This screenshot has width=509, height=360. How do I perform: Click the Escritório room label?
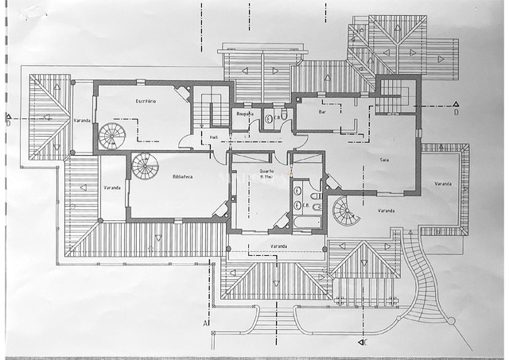pos(145,102)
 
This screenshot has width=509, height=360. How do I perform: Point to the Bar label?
pos(323,112)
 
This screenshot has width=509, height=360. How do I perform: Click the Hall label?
pos(214,137)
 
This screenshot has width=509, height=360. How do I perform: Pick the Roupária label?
pos(244,114)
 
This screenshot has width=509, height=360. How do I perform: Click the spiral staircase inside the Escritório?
pos(112,136)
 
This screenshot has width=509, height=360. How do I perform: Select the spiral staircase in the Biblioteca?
pos(145,166)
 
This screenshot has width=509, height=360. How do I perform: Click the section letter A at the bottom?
pos(205,323)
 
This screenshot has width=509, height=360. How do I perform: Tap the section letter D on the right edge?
pos(456,113)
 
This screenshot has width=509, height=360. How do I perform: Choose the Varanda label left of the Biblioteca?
pos(113,188)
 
